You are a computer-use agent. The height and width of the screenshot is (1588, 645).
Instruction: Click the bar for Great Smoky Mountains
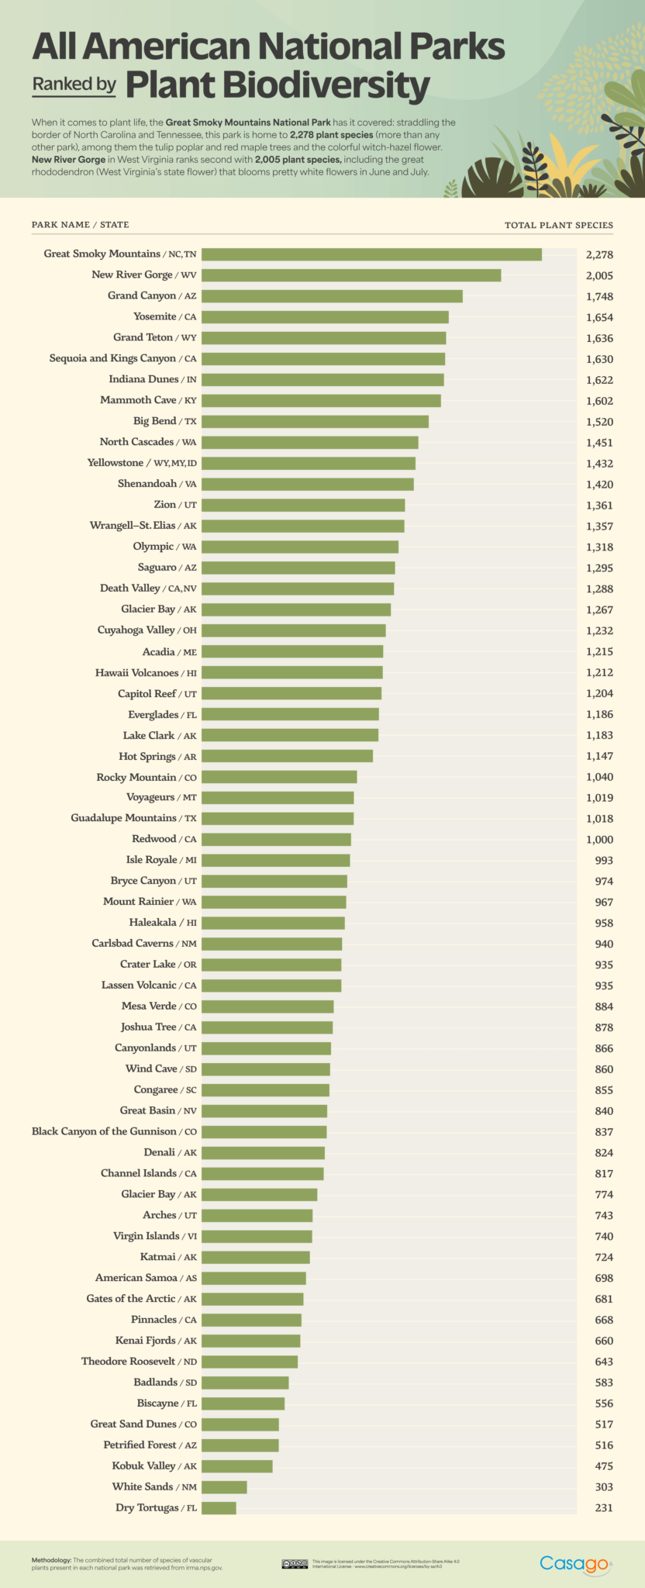pos(371,254)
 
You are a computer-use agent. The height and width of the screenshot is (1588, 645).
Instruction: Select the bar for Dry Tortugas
pos(219,1507)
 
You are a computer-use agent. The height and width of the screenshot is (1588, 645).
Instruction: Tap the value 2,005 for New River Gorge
pos(599,275)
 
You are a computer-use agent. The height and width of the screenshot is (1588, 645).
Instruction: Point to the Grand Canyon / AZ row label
pos(152,295)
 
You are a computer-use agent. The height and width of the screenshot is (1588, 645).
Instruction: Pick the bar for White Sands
pos(224,1486)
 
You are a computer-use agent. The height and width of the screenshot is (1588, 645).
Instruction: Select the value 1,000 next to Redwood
pos(599,839)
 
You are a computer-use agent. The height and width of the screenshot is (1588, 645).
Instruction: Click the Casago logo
pos(574,1563)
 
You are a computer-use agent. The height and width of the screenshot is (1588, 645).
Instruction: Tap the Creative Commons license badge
pos(295,1564)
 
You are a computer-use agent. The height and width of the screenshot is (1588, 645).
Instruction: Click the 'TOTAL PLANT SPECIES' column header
pos(558,225)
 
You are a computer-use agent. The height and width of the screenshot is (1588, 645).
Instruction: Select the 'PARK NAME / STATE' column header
pos(81,225)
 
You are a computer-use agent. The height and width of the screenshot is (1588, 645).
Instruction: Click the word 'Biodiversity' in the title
pos(278,86)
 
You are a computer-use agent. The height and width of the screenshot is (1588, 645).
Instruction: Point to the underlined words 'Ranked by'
pos(74,84)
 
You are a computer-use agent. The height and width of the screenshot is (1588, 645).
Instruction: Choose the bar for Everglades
pos(290,714)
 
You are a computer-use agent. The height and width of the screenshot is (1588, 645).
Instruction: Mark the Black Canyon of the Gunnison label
pos(114,1131)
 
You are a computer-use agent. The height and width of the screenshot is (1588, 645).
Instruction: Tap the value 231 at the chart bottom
pos(603,1507)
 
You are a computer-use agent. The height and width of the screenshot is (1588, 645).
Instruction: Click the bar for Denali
pos(263,1152)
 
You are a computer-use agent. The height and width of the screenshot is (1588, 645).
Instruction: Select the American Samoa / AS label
pos(146,1278)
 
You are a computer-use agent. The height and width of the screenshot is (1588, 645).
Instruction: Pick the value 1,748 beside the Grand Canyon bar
pos(599,296)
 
